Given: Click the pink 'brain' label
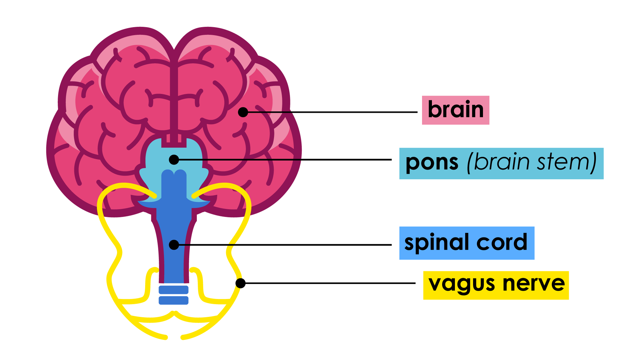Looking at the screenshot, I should point(455,110).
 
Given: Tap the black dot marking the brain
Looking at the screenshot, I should point(243,112).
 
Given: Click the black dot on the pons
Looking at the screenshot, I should point(174,160).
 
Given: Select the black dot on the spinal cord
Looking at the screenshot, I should point(174,245).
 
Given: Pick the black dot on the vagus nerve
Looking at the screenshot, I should point(241,283).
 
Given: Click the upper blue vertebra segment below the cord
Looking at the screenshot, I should point(174,290).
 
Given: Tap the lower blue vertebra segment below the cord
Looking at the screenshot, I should point(174,300).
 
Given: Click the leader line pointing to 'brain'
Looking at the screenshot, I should point(335,112).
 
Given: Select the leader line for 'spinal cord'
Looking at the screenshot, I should point(287,245).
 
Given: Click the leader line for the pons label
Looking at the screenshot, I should point(287,160).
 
